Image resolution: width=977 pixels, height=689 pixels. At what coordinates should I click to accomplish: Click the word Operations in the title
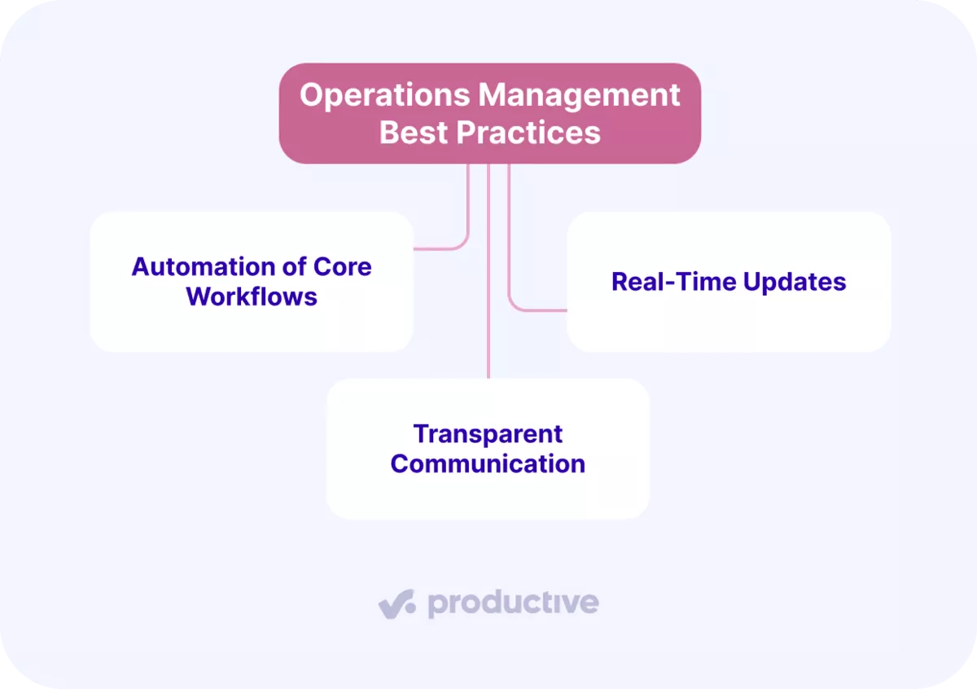click(383, 95)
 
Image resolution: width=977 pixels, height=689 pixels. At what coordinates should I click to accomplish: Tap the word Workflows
click(252, 296)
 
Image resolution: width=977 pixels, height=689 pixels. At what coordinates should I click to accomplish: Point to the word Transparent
click(488, 434)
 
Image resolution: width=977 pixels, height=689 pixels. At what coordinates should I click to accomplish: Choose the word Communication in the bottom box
click(488, 463)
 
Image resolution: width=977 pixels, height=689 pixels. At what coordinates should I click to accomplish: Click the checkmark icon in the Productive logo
click(397, 604)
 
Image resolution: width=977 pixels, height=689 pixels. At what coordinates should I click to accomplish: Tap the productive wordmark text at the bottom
click(513, 603)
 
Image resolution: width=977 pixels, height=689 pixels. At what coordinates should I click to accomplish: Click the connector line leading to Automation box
click(468, 220)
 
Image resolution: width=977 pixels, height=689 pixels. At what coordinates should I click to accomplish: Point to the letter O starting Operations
click(310, 95)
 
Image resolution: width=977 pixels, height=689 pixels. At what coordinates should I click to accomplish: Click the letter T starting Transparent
click(420, 434)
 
